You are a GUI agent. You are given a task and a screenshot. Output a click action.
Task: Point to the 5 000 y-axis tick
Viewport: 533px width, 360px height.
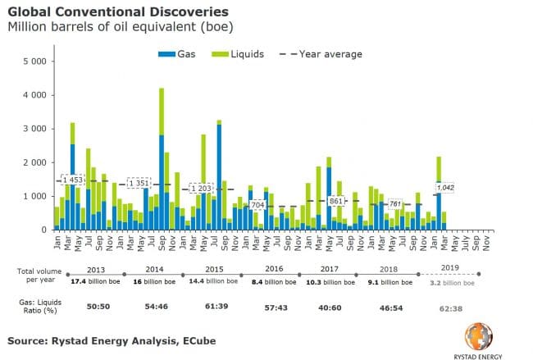pyautogui.click(x=35, y=62)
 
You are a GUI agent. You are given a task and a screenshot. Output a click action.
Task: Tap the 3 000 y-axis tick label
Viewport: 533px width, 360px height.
pyautogui.click(x=35, y=129)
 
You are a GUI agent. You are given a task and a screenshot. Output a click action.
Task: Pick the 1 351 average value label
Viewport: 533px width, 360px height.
pyautogui.click(x=137, y=183)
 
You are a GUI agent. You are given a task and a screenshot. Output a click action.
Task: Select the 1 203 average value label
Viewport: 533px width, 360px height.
pyautogui.click(x=200, y=189)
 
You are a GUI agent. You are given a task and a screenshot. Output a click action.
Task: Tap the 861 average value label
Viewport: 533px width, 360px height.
pyautogui.click(x=335, y=200)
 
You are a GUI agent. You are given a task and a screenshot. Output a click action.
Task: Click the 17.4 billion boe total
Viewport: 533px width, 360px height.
pyautogui.click(x=96, y=281)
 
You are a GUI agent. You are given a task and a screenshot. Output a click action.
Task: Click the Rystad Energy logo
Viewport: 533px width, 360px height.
pyautogui.click(x=483, y=335)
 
